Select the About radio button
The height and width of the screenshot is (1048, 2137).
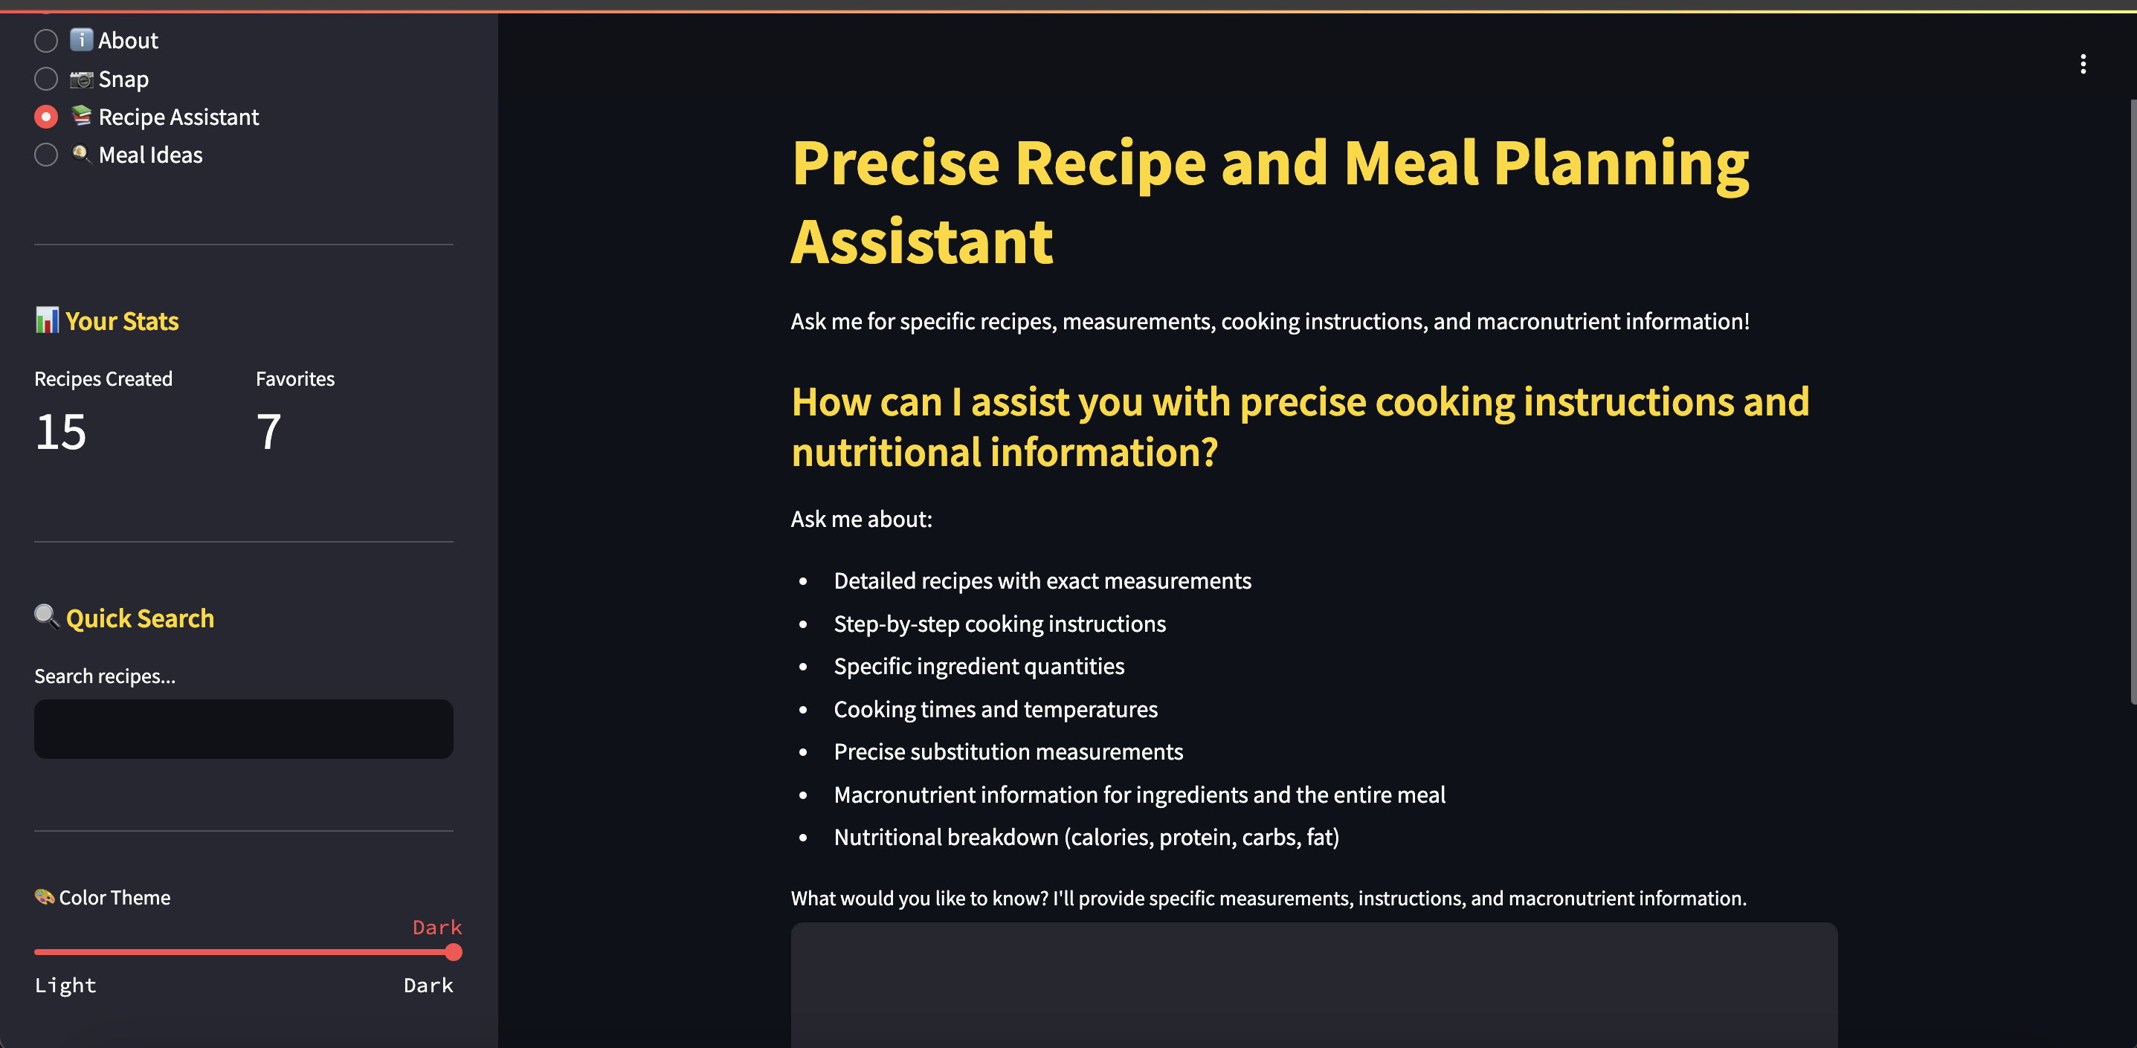(x=46, y=41)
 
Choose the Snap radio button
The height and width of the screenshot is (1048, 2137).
(x=46, y=79)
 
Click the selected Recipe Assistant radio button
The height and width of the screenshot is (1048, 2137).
(x=46, y=117)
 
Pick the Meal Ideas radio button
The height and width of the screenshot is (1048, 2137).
(x=46, y=155)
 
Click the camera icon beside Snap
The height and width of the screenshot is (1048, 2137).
(x=81, y=80)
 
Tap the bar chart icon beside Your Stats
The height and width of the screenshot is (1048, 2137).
(x=46, y=320)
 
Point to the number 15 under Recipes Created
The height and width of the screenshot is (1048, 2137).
(x=60, y=432)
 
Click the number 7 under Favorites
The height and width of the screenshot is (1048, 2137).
(x=268, y=432)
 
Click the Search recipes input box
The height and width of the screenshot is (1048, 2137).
(x=244, y=729)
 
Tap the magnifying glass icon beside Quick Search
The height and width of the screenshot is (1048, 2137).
(x=46, y=617)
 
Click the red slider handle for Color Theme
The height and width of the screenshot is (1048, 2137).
(x=453, y=952)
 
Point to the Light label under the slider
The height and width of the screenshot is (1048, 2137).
(x=65, y=985)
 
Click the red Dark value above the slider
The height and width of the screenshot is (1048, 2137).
(x=437, y=927)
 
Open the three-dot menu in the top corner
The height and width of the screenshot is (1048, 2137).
(x=2083, y=64)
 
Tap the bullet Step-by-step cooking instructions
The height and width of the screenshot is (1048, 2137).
(x=999, y=624)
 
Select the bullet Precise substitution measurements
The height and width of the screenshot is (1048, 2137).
(x=1008, y=752)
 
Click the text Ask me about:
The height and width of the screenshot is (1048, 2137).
(x=861, y=519)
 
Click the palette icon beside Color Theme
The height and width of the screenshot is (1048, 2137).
(x=44, y=896)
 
